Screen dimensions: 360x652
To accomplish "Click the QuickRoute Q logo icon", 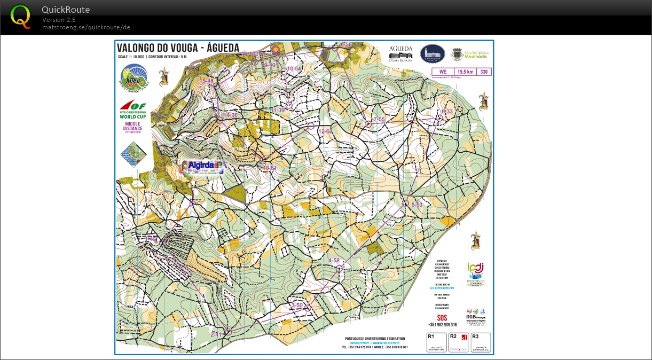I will (20, 17).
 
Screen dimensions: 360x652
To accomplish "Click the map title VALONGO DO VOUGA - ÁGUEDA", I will (178, 48).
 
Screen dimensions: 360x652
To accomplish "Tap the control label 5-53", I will (417, 205).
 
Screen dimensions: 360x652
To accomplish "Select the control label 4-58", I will (334, 261).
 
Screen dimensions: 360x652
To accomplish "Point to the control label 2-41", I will (216, 334).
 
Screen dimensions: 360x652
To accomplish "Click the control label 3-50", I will (297, 306).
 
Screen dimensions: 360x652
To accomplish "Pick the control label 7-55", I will (379, 119).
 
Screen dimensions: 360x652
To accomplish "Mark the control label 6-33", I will (446, 112).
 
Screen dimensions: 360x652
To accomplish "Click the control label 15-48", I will (207, 81).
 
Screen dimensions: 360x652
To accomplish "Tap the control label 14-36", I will (231, 115).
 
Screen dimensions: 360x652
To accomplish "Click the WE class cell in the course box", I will (442, 72).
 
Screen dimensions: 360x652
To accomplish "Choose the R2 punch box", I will (458, 342).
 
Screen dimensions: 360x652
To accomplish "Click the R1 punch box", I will (436, 342).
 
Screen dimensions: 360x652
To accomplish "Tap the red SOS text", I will (442, 317).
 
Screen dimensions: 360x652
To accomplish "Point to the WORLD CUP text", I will (132, 116).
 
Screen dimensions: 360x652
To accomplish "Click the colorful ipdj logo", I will (475, 274).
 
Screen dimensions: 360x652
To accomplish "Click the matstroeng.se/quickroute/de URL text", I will (86, 27).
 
